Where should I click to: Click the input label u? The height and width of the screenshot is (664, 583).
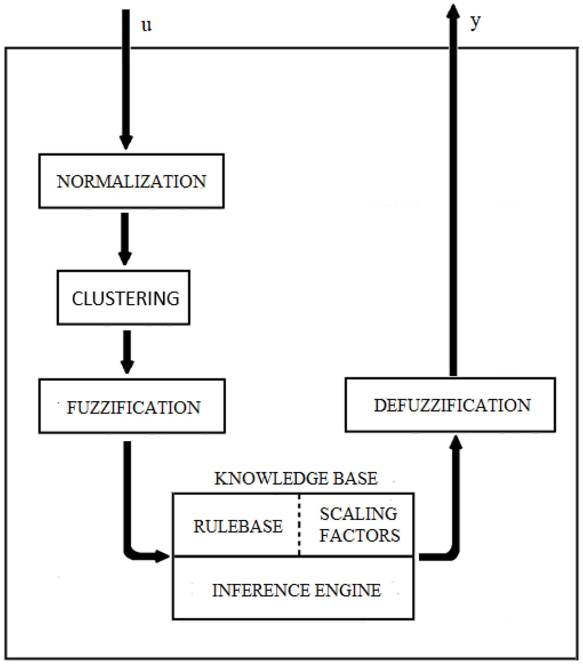146,25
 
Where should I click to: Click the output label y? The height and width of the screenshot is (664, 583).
475,22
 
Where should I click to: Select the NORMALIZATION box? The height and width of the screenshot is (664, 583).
131,181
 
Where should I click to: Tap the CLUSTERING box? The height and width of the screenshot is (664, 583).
124,298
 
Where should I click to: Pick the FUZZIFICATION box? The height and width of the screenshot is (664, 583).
132,406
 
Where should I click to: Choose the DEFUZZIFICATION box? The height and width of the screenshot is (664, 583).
450,405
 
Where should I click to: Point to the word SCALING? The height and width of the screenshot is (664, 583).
358,514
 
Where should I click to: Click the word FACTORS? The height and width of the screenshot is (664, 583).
359,535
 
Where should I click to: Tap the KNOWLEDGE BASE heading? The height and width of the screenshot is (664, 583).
296,478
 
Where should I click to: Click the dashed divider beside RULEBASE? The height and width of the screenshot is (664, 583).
299,525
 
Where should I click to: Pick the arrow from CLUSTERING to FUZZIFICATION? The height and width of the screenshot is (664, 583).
127,352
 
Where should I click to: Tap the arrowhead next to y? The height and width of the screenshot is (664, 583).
453,11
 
